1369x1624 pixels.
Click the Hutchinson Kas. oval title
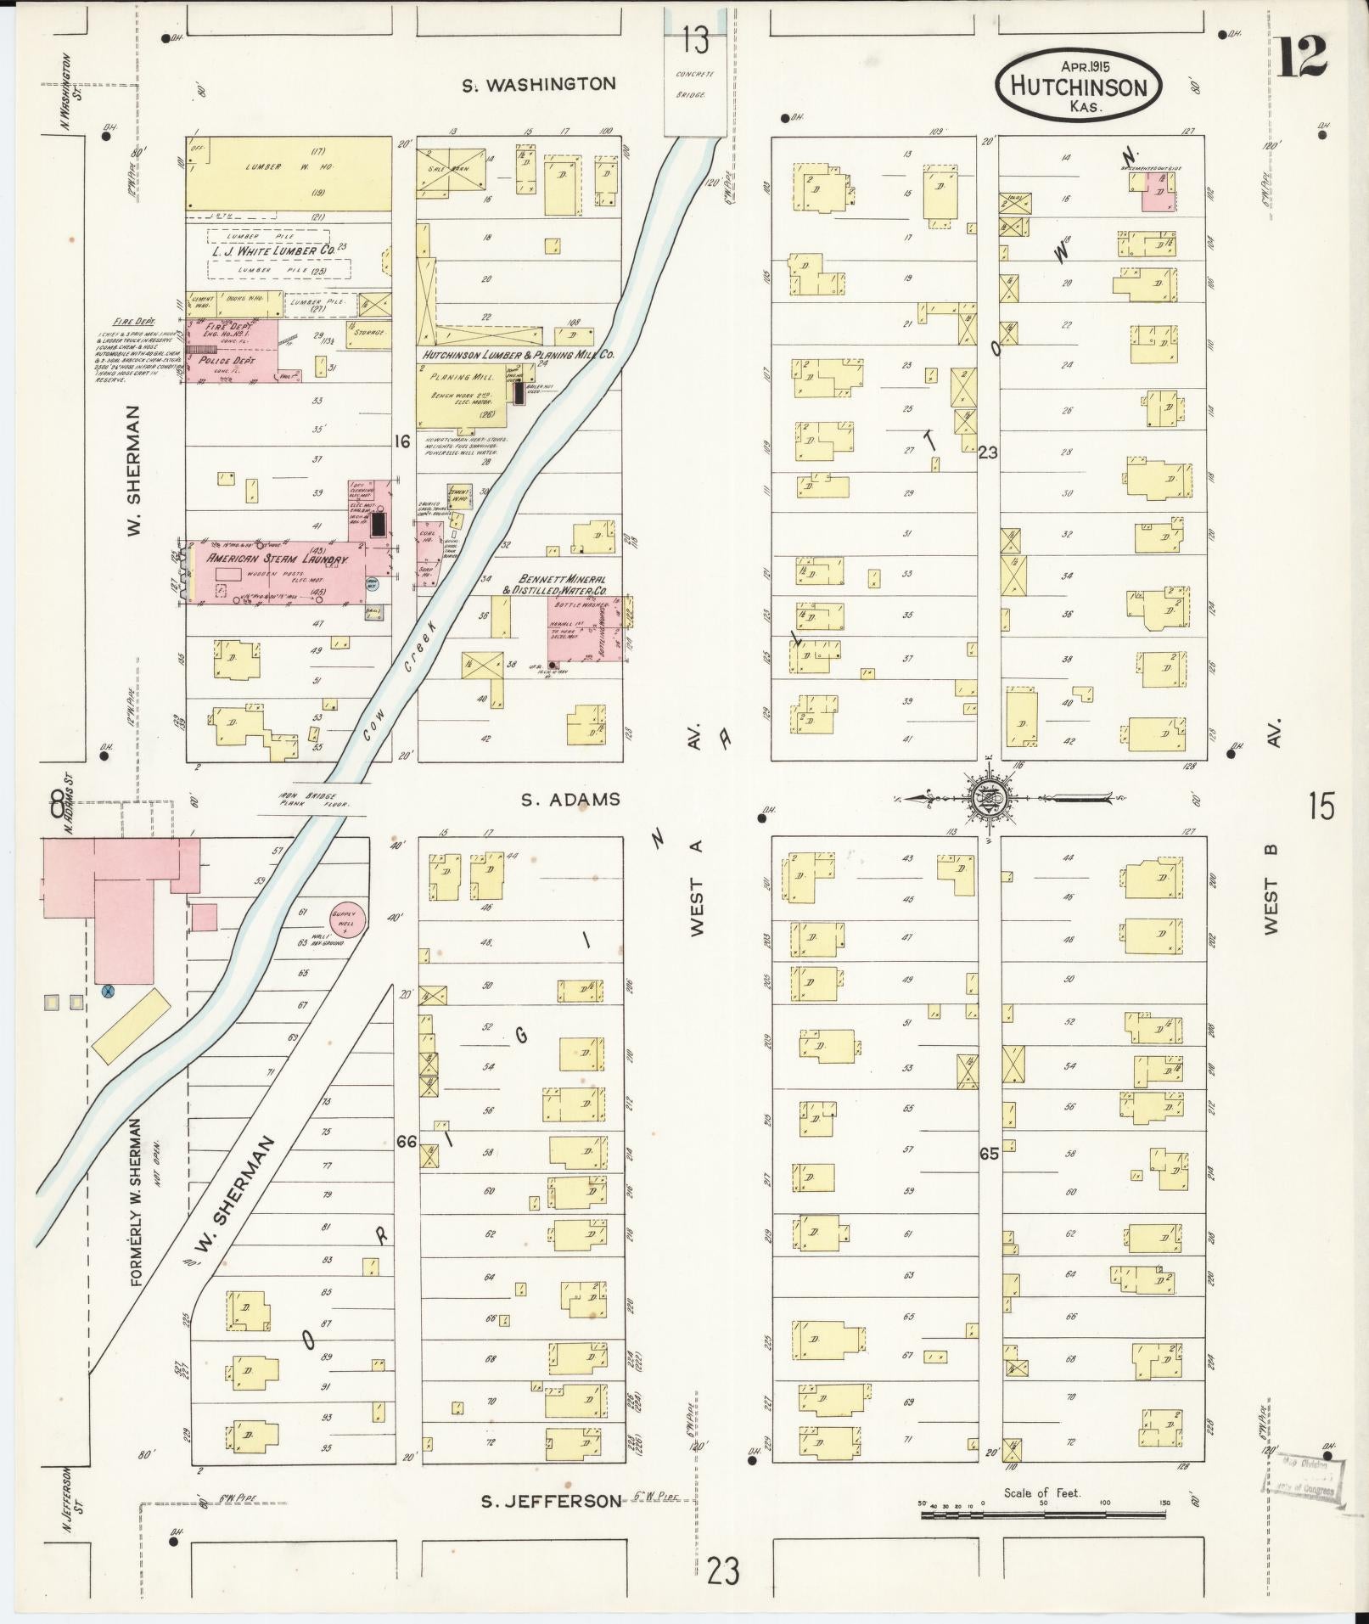pyautogui.click(x=1079, y=86)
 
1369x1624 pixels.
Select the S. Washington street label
pyautogui.click(x=539, y=84)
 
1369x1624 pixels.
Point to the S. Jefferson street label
pyautogui.click(x=551, y=1502)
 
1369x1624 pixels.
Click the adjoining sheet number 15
pyautogui.click(x=1321, y=806)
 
